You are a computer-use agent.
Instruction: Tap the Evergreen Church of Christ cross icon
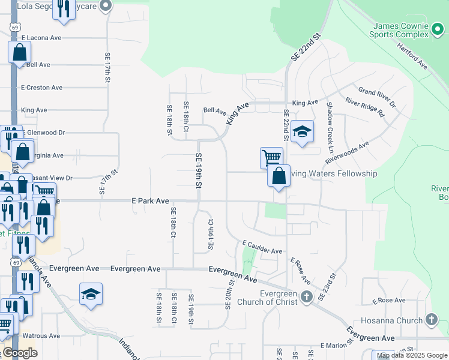pos(306,297)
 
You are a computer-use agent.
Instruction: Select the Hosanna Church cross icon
pos(431,320)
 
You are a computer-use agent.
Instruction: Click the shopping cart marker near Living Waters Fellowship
pos(271,158)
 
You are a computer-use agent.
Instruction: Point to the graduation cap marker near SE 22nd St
pos(303,132)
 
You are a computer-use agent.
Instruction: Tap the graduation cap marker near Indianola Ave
pos(91,294)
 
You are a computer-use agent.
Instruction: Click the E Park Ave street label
pos(150,202)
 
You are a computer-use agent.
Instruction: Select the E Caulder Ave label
pos(262,247)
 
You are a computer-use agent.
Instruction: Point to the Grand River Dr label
pos(377,97)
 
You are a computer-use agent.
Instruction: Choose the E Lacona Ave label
pos(41,37)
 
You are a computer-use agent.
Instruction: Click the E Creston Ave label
pos(41,88)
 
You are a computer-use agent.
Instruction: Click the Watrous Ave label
pos(42,335)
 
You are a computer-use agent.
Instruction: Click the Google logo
pos(20,353)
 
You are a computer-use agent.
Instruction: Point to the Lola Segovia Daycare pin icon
pos(106,6)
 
